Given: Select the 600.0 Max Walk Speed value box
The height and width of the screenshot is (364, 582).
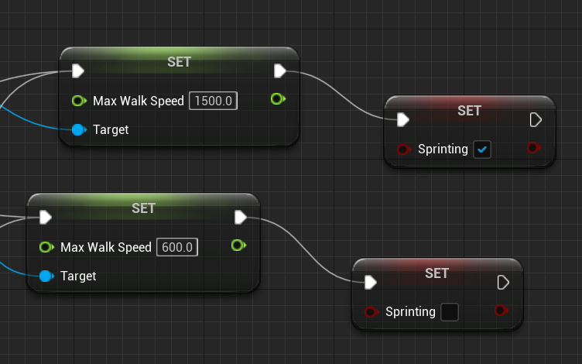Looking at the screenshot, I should (178, 247).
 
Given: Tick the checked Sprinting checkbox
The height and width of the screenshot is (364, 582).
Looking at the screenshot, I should (482, 149).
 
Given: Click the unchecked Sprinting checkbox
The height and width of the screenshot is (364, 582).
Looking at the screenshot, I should (449, 312).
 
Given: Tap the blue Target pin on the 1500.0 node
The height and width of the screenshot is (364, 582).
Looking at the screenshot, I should (77, 129).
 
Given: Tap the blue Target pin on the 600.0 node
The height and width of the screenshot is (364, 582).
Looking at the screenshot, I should (46, 276).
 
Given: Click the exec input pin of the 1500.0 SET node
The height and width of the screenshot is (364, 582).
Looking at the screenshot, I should (77, 71).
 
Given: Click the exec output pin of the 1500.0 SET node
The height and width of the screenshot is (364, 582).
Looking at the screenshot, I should (279, 71).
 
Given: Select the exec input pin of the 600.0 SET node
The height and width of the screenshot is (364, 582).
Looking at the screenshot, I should (45, 217).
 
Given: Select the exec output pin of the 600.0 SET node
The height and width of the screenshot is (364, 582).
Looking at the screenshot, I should (240, 217).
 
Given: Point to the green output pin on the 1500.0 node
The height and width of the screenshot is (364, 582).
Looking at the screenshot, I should (278, 99).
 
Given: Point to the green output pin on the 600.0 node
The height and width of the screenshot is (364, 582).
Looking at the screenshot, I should (238, 246).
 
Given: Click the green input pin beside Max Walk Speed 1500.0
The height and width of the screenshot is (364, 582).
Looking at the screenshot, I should (78, 101).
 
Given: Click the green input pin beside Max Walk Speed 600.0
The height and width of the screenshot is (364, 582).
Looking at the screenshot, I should (46, 247).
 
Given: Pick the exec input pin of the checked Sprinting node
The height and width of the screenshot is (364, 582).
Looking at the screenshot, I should (402, 119).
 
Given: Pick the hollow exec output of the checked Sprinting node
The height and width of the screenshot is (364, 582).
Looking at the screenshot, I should (535, 119).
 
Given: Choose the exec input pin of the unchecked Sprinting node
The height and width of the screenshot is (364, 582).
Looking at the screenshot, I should (370, 282).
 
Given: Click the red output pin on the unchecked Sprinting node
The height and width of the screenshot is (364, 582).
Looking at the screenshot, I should (501, 311).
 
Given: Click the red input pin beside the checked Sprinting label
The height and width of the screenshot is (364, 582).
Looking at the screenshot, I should (402, 149).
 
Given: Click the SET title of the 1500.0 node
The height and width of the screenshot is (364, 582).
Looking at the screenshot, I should (179, 62).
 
